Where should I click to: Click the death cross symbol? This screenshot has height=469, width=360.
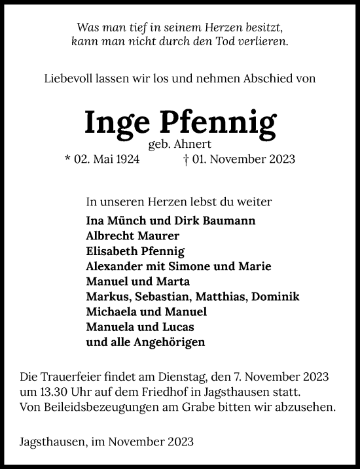[187, 159]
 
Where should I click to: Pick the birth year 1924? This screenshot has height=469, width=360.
[126, 159]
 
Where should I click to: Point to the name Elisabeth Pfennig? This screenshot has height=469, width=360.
[135, 251]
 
